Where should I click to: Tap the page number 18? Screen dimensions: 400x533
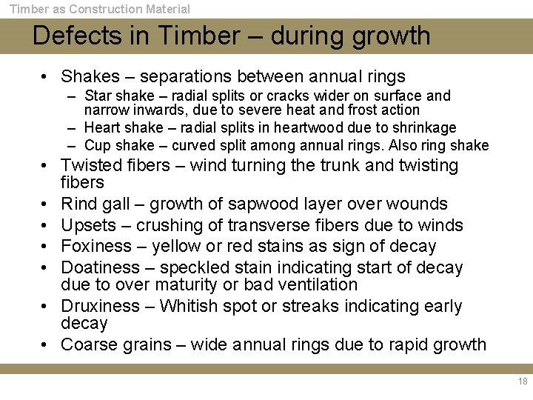523,381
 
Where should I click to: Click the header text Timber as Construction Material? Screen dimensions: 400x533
99,9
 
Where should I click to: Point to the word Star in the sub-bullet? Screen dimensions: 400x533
98,96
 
